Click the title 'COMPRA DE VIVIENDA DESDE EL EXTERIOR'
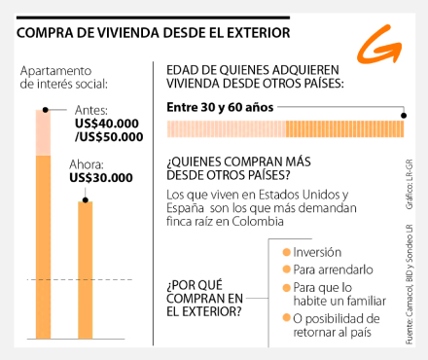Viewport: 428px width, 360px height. pyautogui.click(x=153, y=33)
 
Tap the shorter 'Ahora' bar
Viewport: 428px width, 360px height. pyautogui.click(x=86, y=272)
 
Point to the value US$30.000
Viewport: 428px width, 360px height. pyautogui.click(x=101, y=179)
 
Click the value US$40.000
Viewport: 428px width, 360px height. pyautogui.click(x=107, y=124)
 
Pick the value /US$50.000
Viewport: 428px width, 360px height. pyautogui.click(x=106, y=138)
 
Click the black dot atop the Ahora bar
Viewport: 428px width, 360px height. pyautogui.click(x=86, y=200)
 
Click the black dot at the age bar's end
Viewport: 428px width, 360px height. pyautogui.click(x=406, y=116)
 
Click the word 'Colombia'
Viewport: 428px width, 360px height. pyautogui.click(x=262, y=222)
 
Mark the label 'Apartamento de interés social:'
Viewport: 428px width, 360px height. pyautogui.click(x=55, y=78)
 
